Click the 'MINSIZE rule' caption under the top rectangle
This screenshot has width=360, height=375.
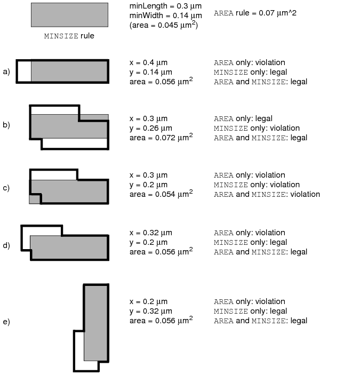pos(69,36)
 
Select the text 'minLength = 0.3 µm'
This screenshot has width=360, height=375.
pos(165,6)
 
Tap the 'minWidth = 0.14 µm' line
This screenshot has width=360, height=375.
pos(166,15)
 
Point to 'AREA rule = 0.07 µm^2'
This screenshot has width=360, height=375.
pos(255,13)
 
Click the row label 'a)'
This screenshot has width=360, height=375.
pos(6,71)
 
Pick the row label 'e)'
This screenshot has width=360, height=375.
pos(6,322)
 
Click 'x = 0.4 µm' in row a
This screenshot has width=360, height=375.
pos(148,62)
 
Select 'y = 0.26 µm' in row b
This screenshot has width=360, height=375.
pos(151,128)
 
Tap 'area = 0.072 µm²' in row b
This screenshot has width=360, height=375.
pos(161,137)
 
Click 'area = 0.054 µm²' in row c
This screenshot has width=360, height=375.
pos(161,194)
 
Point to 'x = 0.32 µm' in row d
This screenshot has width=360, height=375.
pos(151,233)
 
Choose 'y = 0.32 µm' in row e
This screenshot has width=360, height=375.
pos(151,311)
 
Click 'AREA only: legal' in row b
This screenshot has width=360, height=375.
pos(243,118)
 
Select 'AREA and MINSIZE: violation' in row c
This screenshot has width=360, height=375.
pos(267,194)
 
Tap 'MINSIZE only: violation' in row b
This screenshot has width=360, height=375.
pos(257,128)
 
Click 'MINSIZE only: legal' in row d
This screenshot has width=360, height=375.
pos(250,242)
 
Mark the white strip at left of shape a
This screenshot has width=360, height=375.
pos(24,71)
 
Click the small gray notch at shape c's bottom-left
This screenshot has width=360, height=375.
pos(35,200)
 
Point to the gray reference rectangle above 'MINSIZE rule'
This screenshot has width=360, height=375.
pos(69,15)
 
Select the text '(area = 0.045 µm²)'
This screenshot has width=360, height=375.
pos(164,25)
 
